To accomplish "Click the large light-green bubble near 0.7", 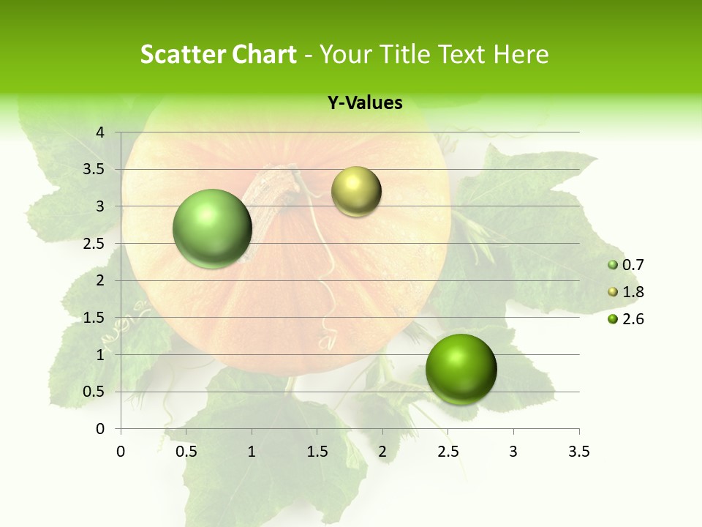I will pyautogui.click(x=212, y=228).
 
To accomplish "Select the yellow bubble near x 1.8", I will pyautogui.click(x=356, y=192).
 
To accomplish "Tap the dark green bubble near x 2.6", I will pyautogui.click(x=461, y=369).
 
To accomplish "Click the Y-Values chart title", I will pyautogui.click(x=364, y=103).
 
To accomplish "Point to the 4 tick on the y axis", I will pyautogui.click(x=100, y=132).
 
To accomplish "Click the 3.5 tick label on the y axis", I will pyautogui.click(x=94, y=169).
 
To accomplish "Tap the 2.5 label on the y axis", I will pyautogui.click(x=94, y=244).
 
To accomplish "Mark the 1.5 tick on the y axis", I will pyautogui.click(x=94, y=318).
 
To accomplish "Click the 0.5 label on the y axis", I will pyautogui.click(x=94, y=392).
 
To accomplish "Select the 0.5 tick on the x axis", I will pyautogui.click(x=186, y=452).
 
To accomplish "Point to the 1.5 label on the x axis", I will pyautogui.click(x=317, y=452).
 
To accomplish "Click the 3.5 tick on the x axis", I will pyautogui.click(x=578, y=452).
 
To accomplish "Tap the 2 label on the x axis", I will pyautogui.click(x=382, y=452).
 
